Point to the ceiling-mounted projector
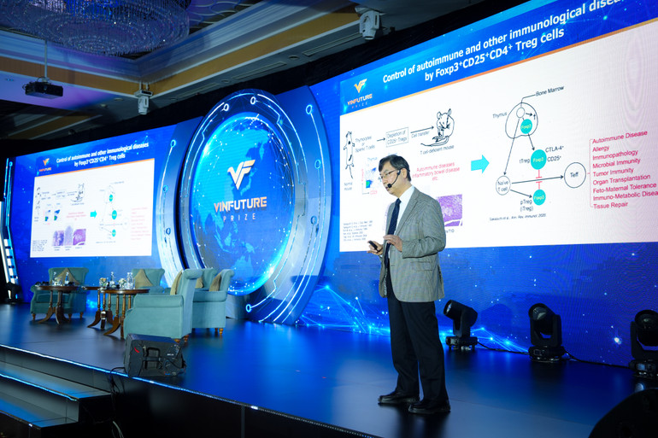click(44, 89)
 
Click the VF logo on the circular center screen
click(241, 175)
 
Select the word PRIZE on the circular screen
click(240, 217)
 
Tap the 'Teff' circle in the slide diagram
click(575, 175)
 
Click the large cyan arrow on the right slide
click(479, 163)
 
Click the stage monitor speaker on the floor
click(155, 354)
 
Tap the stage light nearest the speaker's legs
click(461, 324)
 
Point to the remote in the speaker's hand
click(373, 246)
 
